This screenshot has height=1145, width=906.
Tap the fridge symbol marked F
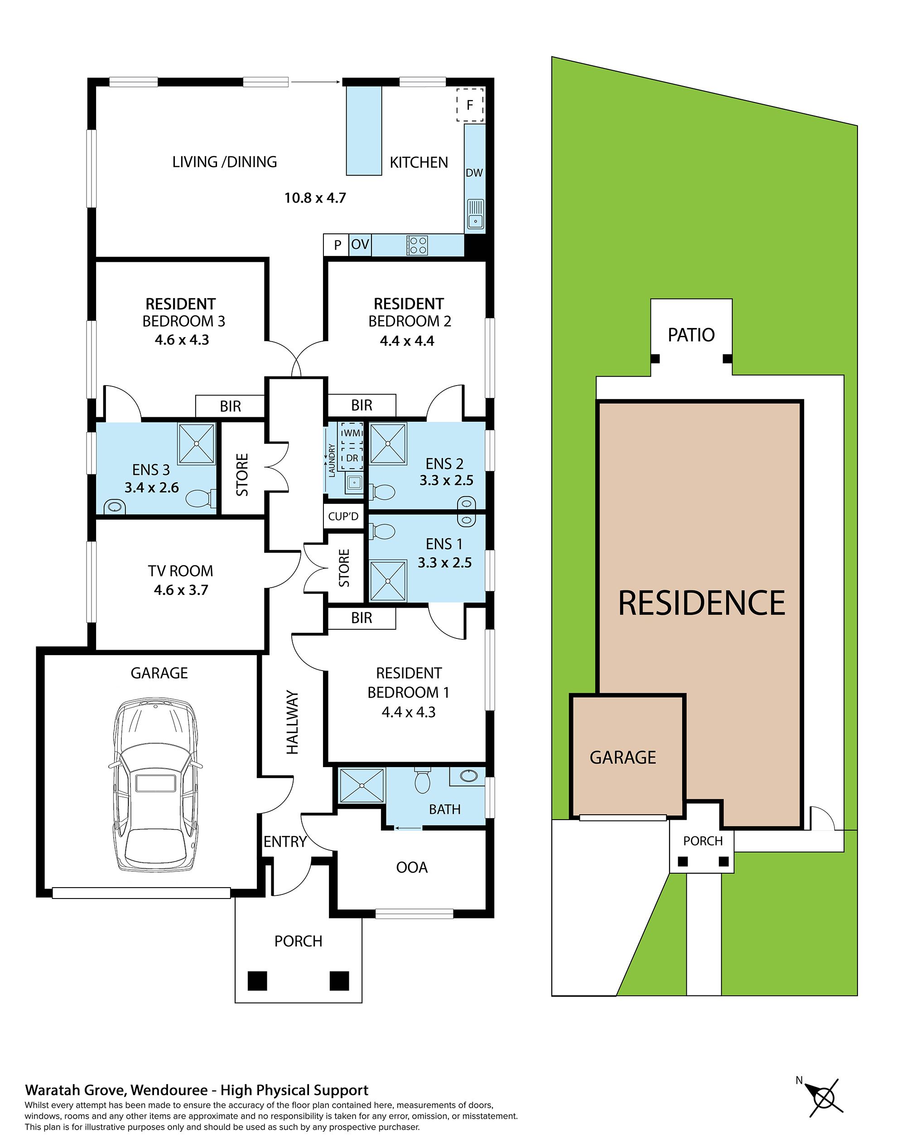coord(469,105)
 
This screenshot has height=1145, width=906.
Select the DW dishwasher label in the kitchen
coord(474,173)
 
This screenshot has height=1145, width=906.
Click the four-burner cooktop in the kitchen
coord(417,246)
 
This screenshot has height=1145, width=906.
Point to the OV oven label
coord(360,245)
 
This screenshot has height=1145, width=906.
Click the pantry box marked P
coord(337,245)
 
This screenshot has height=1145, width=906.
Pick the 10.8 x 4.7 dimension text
coord(315,198)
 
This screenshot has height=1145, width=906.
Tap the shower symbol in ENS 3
coord(197,443)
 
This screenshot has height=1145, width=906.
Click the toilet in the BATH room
coord(422,780)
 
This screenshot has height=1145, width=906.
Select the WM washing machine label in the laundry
coord(352,433)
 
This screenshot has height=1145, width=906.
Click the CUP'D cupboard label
coord(343,516)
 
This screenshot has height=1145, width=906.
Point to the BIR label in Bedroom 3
coord(230,406)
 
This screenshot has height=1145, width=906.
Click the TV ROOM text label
coord(180,571)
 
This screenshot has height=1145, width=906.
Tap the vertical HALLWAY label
coord(292,722)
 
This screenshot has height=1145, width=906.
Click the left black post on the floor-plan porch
coord(257,981)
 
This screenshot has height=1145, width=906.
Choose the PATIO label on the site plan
coord(691,335)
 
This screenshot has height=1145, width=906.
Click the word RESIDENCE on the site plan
coord(701,603)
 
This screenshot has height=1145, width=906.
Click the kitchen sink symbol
coord(475,214)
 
